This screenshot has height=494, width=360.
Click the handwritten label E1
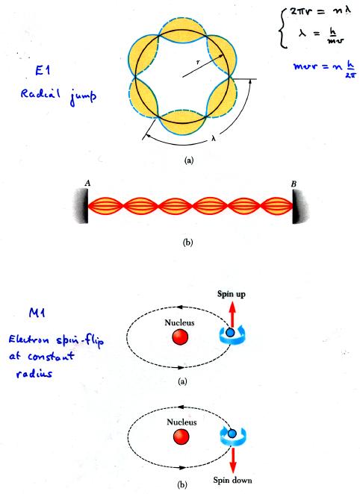coord(43,71)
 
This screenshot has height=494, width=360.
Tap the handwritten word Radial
coord(40,93)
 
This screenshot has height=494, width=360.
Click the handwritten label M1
coord(37,313)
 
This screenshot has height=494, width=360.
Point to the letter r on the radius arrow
coord(198,62)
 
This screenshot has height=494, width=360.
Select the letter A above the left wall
coord(87,183)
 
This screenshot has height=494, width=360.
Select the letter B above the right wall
coord(294,184)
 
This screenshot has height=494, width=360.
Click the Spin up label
coord(231,294)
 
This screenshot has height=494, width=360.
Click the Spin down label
coord(232,480)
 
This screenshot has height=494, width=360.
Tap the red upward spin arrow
coord(232,314)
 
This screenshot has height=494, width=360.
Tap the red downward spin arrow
coord(233,460)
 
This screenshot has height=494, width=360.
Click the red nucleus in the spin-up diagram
coord(180,337)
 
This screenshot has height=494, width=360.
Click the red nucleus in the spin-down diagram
coord(181,437)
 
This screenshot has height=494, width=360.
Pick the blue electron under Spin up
coord(230,332)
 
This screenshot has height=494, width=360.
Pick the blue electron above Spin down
coord(232,434)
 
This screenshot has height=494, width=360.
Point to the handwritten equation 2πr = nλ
coord(320,13)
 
